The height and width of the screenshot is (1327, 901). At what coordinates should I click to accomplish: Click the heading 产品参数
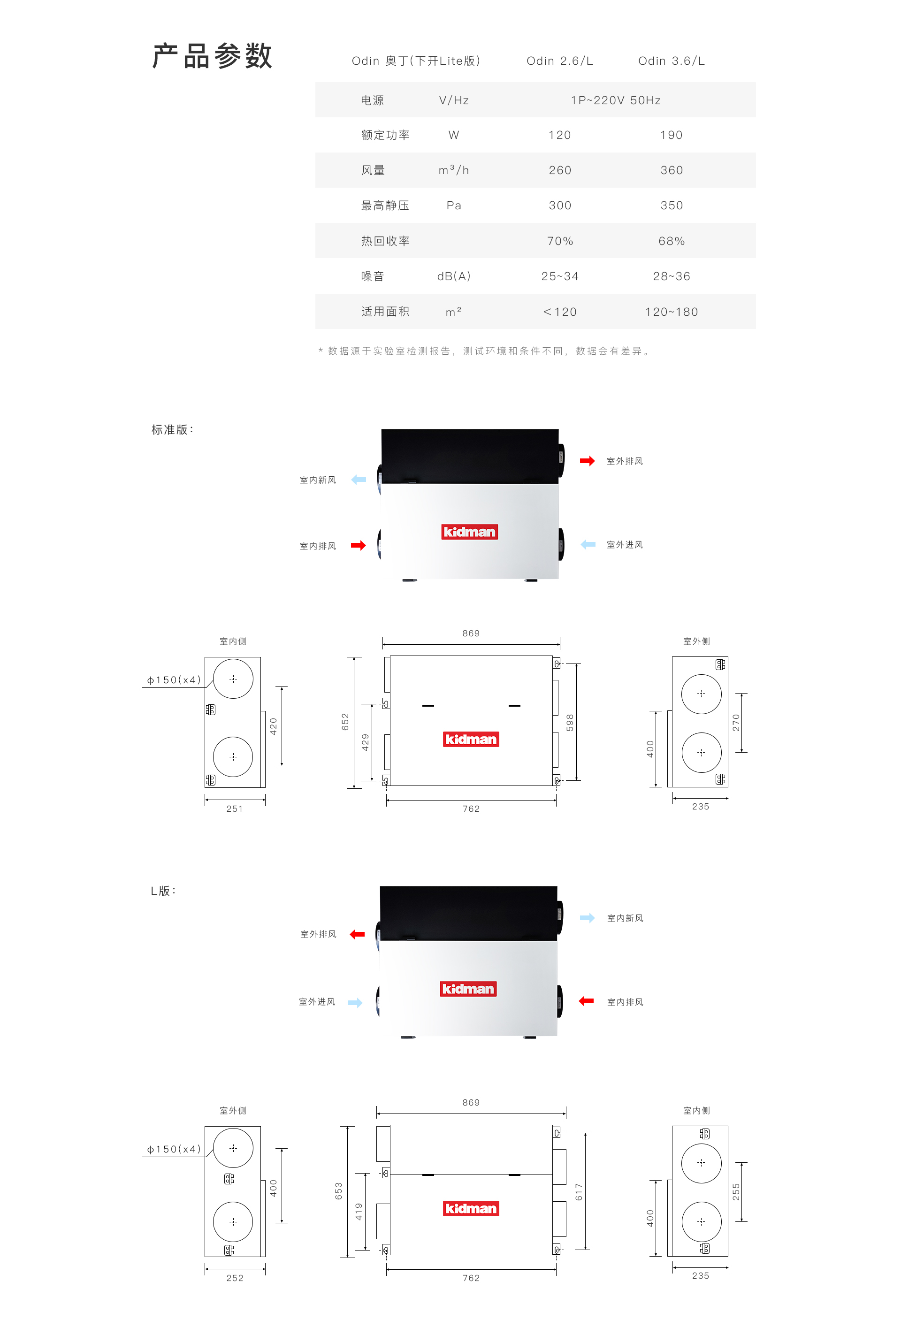212,56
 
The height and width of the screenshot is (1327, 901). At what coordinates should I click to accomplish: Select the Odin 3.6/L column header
672,61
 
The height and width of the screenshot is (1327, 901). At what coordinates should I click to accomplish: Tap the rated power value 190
672,135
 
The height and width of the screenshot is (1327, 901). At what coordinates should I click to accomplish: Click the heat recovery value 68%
672,241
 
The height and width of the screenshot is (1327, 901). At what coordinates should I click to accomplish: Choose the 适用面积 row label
385,312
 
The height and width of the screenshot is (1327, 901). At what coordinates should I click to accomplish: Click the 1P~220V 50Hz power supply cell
616,100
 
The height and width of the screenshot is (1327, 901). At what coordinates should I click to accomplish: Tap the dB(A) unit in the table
454,276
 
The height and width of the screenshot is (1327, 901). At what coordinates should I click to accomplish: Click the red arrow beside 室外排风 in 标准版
587,461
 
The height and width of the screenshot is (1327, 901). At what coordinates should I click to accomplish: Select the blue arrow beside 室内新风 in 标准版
359,480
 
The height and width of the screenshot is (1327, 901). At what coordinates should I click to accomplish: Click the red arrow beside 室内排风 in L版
587,1001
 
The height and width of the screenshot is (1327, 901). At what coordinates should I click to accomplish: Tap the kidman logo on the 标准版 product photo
469,532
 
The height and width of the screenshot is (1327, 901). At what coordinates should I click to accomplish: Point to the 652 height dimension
345,722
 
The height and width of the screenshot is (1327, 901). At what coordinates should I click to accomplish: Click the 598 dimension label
570,722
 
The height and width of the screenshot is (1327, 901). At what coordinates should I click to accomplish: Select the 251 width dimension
235,808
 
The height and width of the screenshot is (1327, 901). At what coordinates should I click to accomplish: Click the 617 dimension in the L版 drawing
579,1192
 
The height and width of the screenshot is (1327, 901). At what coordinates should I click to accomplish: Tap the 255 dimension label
736,1192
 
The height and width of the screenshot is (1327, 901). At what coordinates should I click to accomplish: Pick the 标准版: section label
172,429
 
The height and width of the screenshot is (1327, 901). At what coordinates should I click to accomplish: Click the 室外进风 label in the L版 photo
317,1001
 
